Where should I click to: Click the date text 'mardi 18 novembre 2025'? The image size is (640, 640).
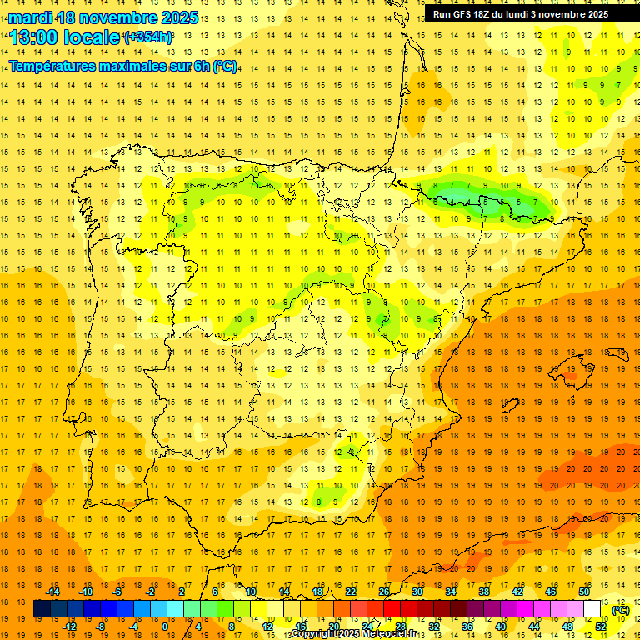pyautogui.click(x=104, y=17)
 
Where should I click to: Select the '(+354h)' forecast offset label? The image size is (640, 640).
pyautogui.click(x=148, y=37)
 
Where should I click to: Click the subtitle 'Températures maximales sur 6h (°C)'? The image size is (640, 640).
pyautogui.click(x=122, y=66)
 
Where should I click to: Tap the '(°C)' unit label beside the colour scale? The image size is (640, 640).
pyautogui.click(x=620, y=610)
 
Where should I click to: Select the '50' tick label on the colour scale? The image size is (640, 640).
pyautogui.click(x=584, y=592)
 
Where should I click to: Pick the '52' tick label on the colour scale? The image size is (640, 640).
pyautogui.click(x=601, y=627)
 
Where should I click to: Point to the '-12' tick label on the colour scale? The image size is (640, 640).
pyautogui.click(x=69, y=627)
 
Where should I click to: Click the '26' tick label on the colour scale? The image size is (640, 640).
pyautogui.click(x=384, y=592)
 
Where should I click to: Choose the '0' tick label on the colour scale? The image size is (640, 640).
pyautogui.click(x=165, y=627)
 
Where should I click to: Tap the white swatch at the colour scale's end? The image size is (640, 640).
pyautogui.click(x=592, y=609)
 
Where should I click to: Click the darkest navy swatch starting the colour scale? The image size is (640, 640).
pyautogui.click(x=42, y=609)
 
